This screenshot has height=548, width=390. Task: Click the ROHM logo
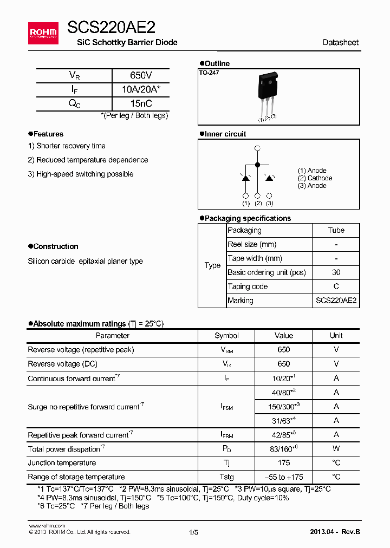(x=43, y=34)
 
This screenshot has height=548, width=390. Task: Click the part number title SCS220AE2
(x=111, y=28)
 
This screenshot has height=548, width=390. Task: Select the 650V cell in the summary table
(x=141, y=76)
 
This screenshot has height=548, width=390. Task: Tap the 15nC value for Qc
(x=141, y=103)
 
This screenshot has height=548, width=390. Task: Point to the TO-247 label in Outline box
(x=209, y=73)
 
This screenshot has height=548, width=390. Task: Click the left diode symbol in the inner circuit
(x=245, y=178)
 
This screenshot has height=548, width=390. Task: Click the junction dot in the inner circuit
(x=257, y=164)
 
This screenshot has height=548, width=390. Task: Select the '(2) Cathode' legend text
(x=315, y=178)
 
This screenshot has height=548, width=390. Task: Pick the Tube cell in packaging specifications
(x=336, y=230)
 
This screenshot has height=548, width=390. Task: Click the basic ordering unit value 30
(x=336, y=272)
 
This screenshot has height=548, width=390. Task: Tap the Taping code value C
(x=336, y=286)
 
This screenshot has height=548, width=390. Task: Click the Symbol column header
(x=226, y=336)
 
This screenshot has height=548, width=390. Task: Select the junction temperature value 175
(x=283, y=463)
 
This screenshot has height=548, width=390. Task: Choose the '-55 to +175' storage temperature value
(x=283, y=477)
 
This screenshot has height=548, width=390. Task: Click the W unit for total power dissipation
(x=336, y=449)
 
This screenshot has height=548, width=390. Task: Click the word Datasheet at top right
(x=340, y=42)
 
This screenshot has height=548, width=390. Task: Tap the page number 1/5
(x=194, y=532)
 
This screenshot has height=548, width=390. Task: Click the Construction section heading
(x=55, y=246)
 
